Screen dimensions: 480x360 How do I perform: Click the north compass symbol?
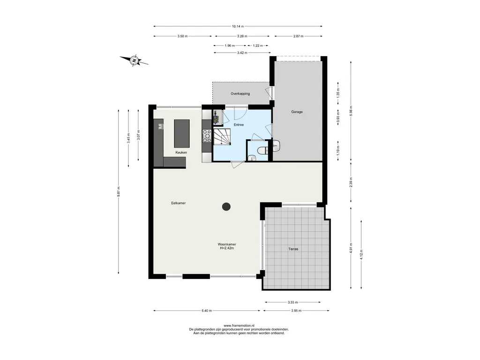tap(134, 60)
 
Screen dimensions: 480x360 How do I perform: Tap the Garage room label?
tap(297, 112)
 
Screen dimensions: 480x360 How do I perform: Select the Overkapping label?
tap(240, 94)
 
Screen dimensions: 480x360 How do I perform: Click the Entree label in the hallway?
tap(239, 125)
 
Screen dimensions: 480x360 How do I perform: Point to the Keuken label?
tap(181, 152)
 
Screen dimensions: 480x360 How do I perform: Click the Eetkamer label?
tap(179, 203)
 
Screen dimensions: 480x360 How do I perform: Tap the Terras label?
tap(293, 249)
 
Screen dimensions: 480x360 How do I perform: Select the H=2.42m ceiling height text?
tap(227, 248)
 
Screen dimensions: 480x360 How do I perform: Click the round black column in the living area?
tap(226, 207)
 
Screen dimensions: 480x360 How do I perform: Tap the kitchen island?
tap(182, 134)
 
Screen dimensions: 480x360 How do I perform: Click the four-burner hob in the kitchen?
tap(207, 135)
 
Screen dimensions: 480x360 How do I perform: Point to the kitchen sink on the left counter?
tap(161, 126)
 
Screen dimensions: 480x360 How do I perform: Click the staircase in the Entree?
tap(222, 137)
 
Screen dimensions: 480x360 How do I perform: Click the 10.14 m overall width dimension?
tap(238, 26)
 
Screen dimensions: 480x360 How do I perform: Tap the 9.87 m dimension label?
tap(119, 192)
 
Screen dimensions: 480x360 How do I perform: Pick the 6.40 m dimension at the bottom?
tap(207, 311)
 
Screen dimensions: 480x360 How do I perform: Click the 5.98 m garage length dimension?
tap(351, 112)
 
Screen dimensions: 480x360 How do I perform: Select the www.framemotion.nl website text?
tap(239, 326)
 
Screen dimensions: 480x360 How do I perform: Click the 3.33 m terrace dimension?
tap(292, 302)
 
